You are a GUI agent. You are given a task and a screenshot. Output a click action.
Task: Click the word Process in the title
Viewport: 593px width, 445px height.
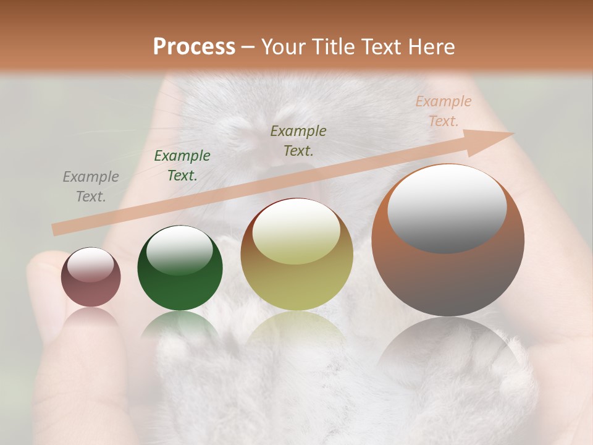click(194, 47)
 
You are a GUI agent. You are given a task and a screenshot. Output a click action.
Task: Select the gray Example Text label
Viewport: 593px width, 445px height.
click(90, 187)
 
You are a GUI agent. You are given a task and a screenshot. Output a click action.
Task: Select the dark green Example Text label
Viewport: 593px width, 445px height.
click(182, 166)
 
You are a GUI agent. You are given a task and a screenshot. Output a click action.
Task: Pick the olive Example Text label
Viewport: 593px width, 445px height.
click(298, 140)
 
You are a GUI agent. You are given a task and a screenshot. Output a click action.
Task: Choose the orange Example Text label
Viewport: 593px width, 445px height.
click(443, 111)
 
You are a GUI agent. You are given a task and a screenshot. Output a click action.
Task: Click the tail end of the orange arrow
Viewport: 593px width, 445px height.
click(57, 229)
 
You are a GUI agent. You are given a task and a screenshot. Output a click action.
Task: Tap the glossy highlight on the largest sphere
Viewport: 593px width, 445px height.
click(447, 208)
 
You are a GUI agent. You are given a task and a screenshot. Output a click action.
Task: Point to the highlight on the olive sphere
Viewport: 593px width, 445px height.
click(296, 232)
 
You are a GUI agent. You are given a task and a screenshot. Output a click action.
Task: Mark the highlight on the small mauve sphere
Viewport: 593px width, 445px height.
click(90, 265)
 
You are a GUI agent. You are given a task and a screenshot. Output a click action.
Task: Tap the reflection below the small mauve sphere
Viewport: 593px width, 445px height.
click(91, 318)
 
